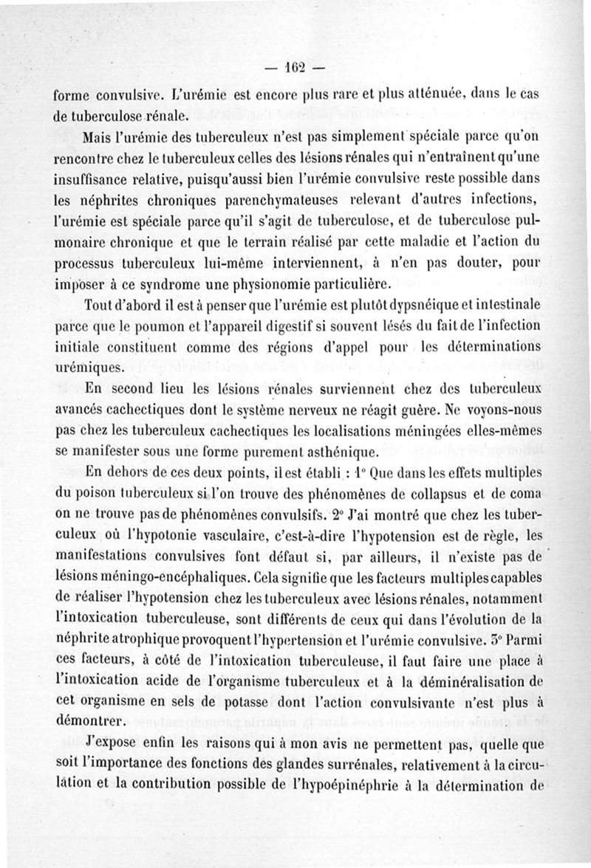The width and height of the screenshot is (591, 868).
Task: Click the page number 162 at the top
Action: click(x=295, y=72)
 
